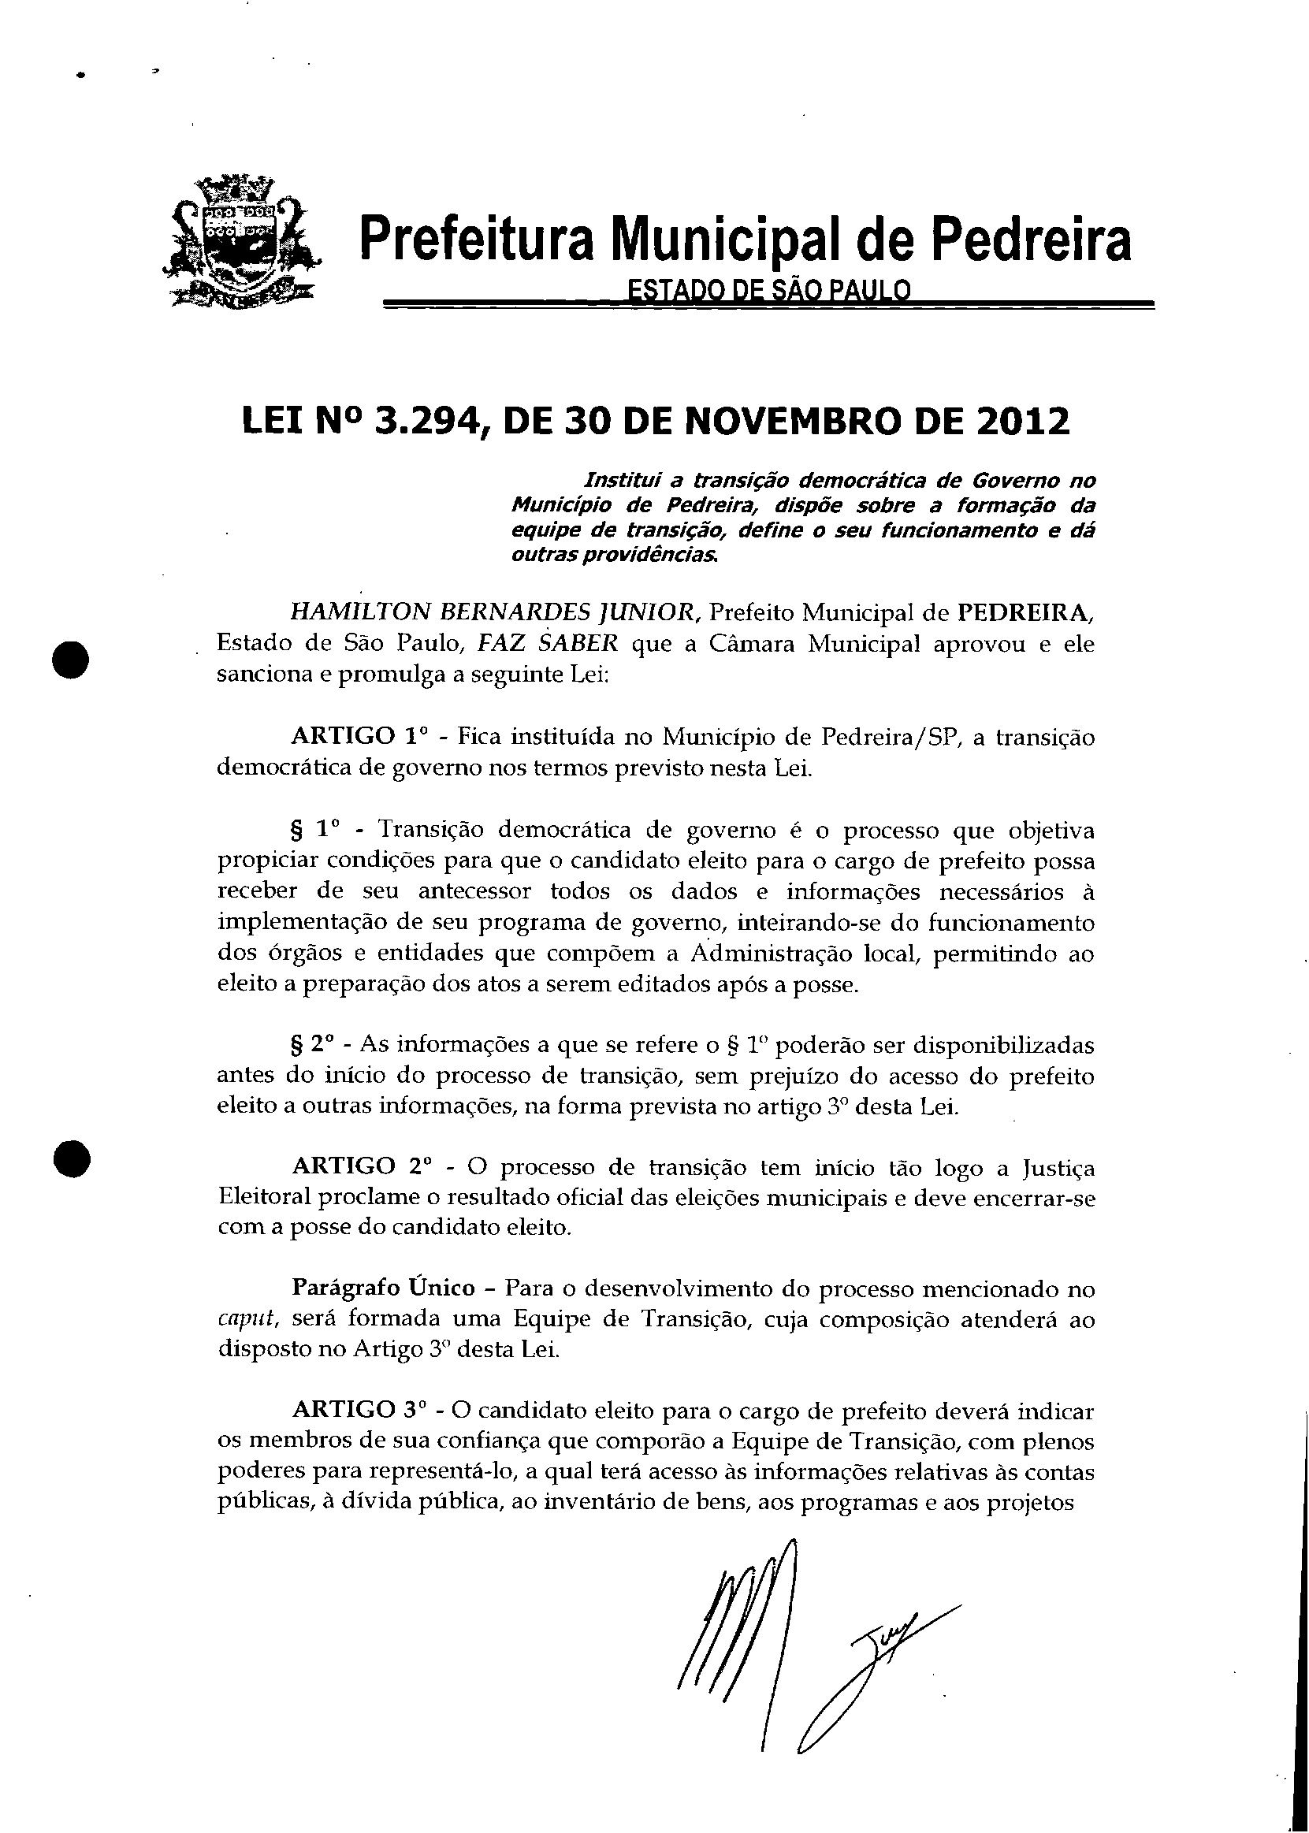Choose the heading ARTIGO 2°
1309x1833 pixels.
point(362,1167)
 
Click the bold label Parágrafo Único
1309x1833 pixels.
point(384,1288)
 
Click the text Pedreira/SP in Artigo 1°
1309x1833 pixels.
point(887,737)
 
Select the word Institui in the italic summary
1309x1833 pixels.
point(621,481)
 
